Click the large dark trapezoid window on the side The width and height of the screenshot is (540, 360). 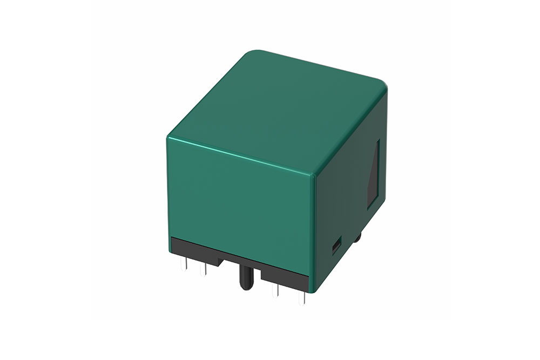[x=374, y=175]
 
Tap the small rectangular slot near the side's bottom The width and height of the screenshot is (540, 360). [x=335, y=248]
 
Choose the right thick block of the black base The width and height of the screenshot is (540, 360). [x=284, y=275]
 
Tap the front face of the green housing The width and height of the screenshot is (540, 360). [x=240, y=205]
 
